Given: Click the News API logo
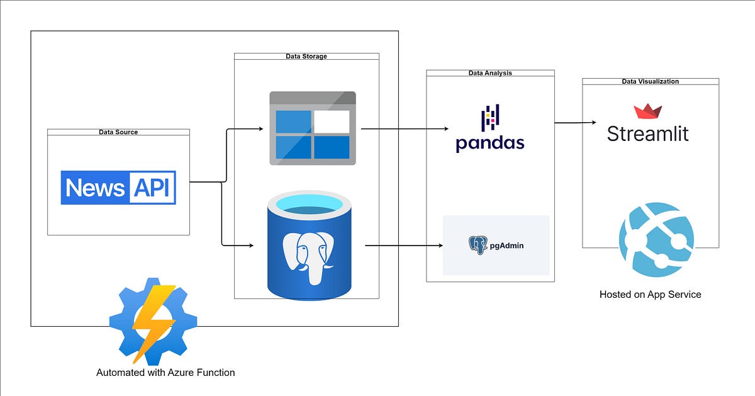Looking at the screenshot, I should pyautogui.click(x=118, y=188).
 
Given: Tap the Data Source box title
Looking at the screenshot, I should pyautogui.click(x=118, y=132).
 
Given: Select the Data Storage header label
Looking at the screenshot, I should pyautogui.click(x=306, y=57).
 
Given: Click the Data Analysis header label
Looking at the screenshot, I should pyautogui.click(x=490, y=73).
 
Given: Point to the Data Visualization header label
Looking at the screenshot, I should pyautogui.click(x=650, y=81).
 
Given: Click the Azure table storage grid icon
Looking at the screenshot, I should pyautogui.click(x=313, y=128).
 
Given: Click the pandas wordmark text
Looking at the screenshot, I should pyautogui.click(x=490, y=143).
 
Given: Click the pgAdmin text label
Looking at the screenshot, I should pyautogui.click(x=507, y=246).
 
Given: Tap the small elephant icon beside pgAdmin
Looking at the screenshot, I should pyautogui.click(x=478, y=245).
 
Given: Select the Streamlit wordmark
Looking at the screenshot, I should pyautogui.click(x=647, y=133).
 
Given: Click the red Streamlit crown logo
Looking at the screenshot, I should pyautogui.click(x=647, y=112).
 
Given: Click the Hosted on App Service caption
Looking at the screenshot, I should pyautogui.click(x=650, y=295).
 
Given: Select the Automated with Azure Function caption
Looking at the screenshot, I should pyautogui.click(x=165, y=373).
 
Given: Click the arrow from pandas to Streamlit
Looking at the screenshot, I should pyautogui.click(x=575, y=122).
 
